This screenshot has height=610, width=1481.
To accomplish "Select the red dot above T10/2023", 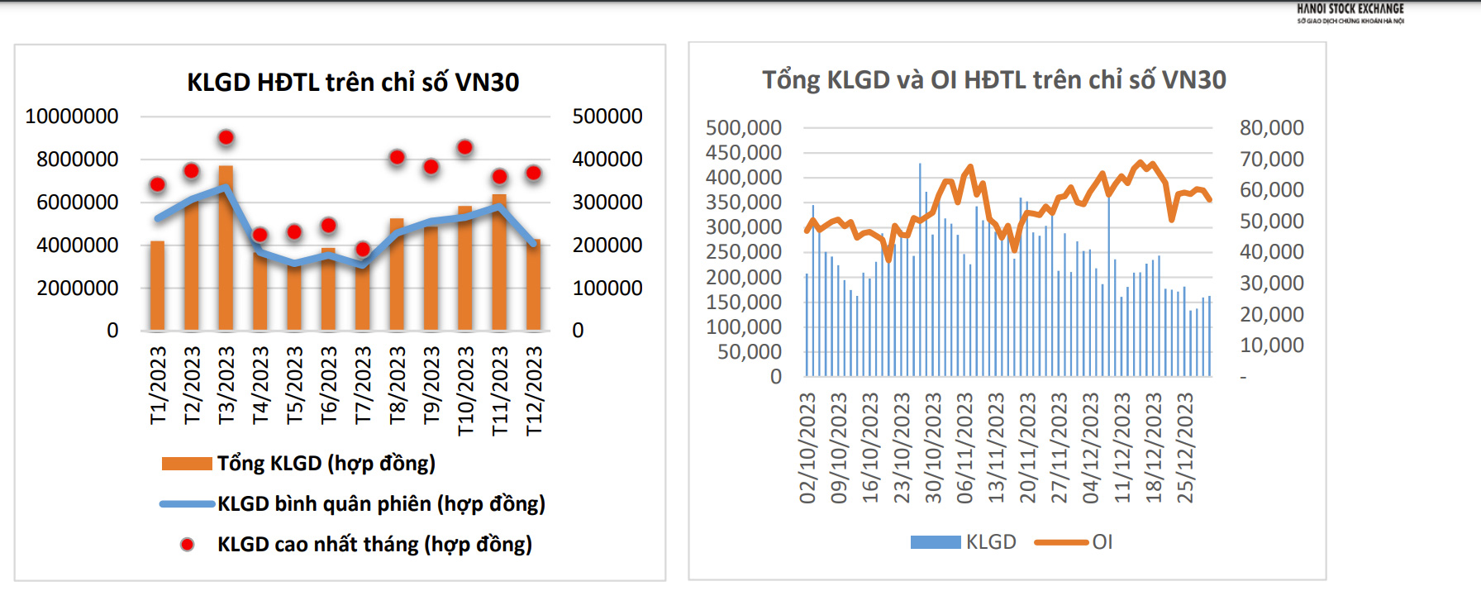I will coord(464,147).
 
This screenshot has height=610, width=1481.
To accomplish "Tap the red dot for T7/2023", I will coord(362,249).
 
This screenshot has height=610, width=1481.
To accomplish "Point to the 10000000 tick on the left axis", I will coord(72,117).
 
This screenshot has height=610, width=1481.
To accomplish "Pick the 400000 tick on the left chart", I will coord(607,160).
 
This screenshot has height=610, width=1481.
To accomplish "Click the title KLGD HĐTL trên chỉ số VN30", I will coord(353,83).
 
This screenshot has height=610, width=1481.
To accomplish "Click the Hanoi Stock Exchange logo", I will coord(1350,13).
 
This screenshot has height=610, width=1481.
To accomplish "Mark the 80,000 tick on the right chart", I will coord(1271,128).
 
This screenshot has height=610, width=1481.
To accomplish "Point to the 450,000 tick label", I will coord(743,153).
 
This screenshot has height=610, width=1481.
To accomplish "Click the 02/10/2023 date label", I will coord(807,447).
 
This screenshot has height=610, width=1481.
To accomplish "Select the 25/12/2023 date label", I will coord(1185,447).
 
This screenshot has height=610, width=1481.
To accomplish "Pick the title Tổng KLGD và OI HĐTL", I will coord(993,80).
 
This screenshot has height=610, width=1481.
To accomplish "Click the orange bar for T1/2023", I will coord(157,285).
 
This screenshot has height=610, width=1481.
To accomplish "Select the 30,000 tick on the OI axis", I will coord(1271,284).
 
